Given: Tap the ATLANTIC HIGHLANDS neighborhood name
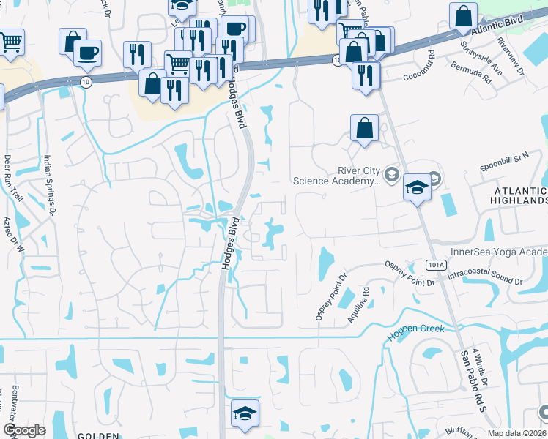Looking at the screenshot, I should tap(516, 194).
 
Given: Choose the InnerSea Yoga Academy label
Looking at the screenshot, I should tap(499, 252).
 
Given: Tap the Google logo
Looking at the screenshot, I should tap(25, 430).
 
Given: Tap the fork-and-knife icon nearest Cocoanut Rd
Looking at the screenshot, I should tap(365, 75).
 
